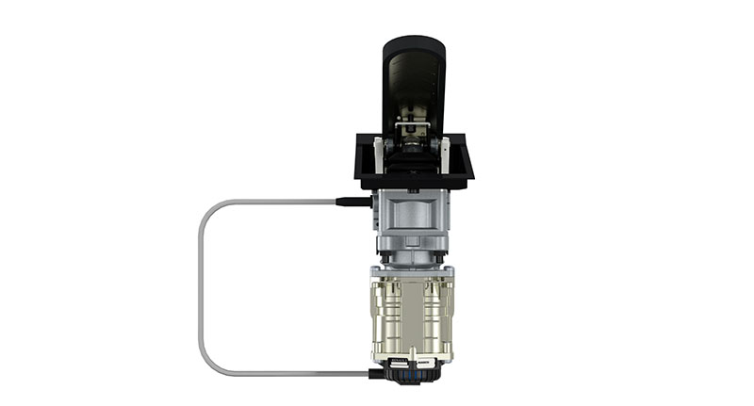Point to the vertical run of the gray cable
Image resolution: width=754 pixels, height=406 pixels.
click(x=200, y=287)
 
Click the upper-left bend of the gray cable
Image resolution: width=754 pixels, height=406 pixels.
click(x=209, y=208)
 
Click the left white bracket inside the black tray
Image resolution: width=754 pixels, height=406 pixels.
click(x=379, y=154)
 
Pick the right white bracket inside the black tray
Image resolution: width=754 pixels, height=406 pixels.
click(x=444, y=154)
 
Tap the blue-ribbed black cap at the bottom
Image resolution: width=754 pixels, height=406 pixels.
click(x=415, y=372)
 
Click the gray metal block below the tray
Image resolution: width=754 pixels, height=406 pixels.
click(x=412, y=212)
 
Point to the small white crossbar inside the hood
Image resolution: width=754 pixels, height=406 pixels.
click(x=413, y=124)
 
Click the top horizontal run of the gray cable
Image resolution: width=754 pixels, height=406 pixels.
click(x=273, y=201)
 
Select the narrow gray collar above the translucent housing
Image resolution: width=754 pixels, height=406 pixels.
click(x=413, y=256)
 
